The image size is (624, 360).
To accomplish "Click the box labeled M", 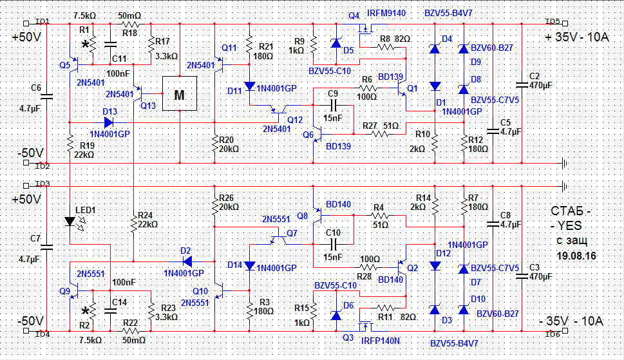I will pyautogui.click(x=179, y=94).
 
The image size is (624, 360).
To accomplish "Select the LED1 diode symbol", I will pyautogui.click(x=70, y=222).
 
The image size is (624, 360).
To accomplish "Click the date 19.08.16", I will pyautogui.click(x=575, y=256).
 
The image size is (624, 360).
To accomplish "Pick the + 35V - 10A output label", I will pyautogui.click(x=576, y=38).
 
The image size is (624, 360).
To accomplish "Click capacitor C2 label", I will pyautogui.click(x=534, y=75).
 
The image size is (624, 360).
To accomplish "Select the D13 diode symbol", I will pyautogui.click(x=108, y=121).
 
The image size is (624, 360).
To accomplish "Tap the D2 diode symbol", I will pyautogui.click(x=187, y=261).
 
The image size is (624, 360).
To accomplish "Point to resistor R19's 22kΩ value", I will pyautogui.click(x=82, y=155).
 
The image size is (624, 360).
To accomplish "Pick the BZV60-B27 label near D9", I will pyautogui.click(x=491, y=48).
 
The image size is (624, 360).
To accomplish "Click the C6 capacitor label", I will pyautogui.click(x=36, y=88).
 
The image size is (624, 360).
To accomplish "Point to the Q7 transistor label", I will pyautogui.click(x=292, y=232).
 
